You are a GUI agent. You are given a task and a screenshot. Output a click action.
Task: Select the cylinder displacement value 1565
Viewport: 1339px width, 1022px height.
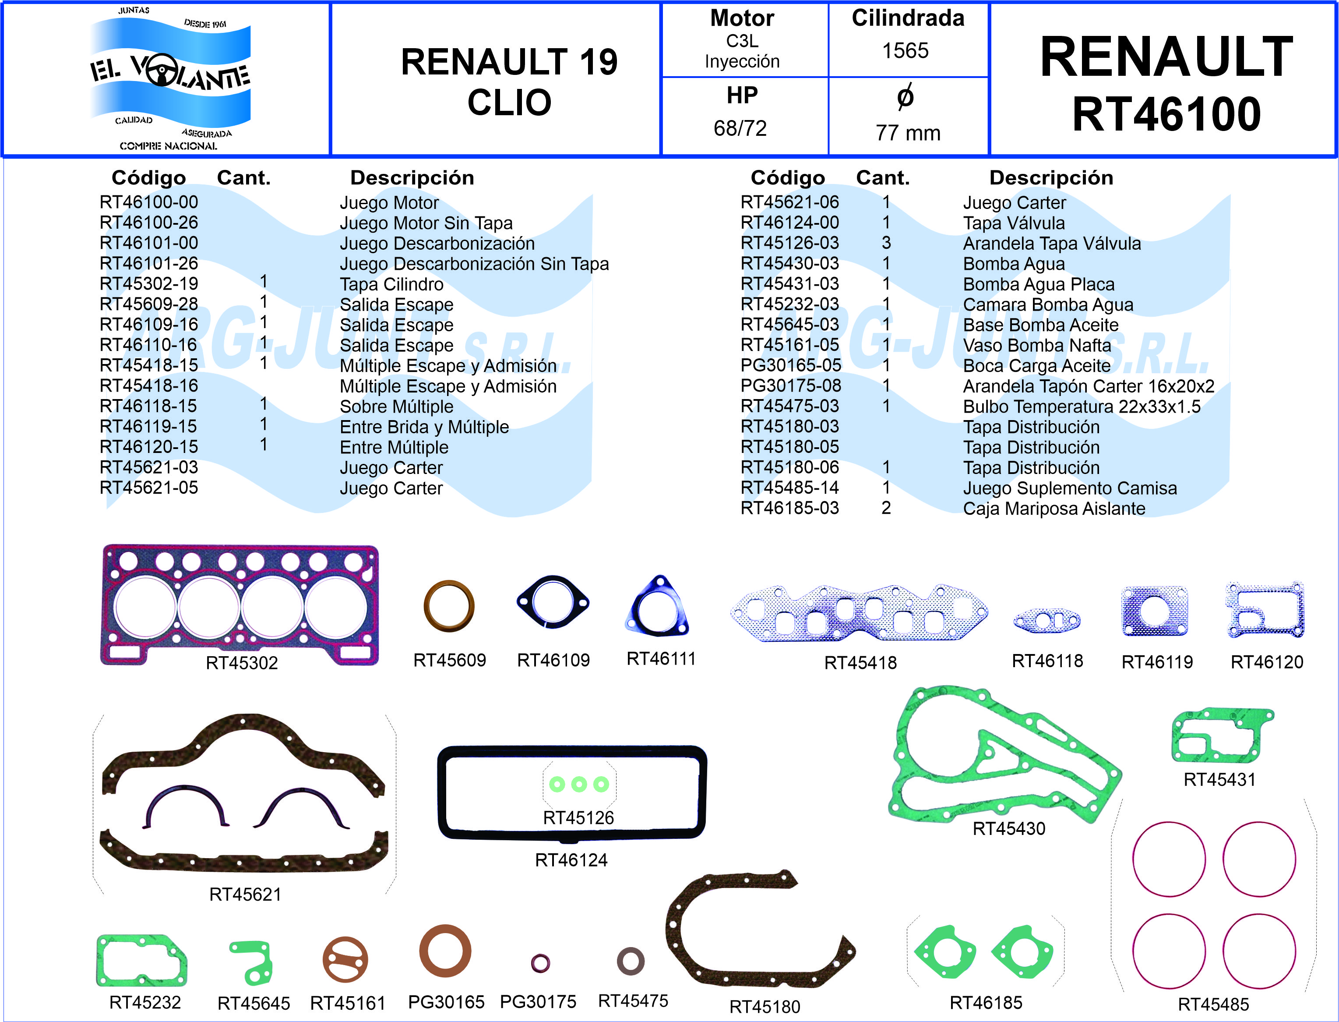pos(906,50)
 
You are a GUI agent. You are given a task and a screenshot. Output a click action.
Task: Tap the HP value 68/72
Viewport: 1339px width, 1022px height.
pos(740,128)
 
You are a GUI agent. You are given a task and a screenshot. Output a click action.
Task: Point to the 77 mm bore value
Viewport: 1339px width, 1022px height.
pos(907,133)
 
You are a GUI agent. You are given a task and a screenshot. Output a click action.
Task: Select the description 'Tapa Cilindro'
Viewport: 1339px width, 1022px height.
pos(391,284)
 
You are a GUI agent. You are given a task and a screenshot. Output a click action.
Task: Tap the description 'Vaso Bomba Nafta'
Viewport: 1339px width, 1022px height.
pos(1037,345)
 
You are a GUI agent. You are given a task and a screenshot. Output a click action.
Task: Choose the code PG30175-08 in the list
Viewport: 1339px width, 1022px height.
pos(790,385)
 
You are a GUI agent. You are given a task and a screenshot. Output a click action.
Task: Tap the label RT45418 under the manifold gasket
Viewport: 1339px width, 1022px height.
pos(860,662)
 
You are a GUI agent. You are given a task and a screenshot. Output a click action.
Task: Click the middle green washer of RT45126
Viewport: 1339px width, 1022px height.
pos(579,784)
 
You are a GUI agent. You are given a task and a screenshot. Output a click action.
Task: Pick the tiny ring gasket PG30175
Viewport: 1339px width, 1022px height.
pos(540,963)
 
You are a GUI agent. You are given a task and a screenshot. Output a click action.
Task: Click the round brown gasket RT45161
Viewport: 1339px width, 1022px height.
pos(345,960)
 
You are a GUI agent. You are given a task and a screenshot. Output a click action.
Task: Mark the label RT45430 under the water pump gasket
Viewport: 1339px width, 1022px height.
pos(1009,828)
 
